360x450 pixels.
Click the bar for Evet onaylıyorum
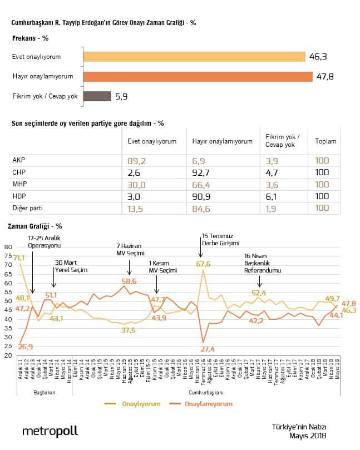click(x=194, y=57)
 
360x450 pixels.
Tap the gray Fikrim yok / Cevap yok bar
click(x=97, y=96)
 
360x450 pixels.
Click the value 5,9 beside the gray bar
click(x=122, y=96)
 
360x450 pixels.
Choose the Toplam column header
click(x=326, y=141)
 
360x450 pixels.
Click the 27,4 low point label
click(x=208, y=349)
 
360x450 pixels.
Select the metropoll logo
click(x=50, y=431)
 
